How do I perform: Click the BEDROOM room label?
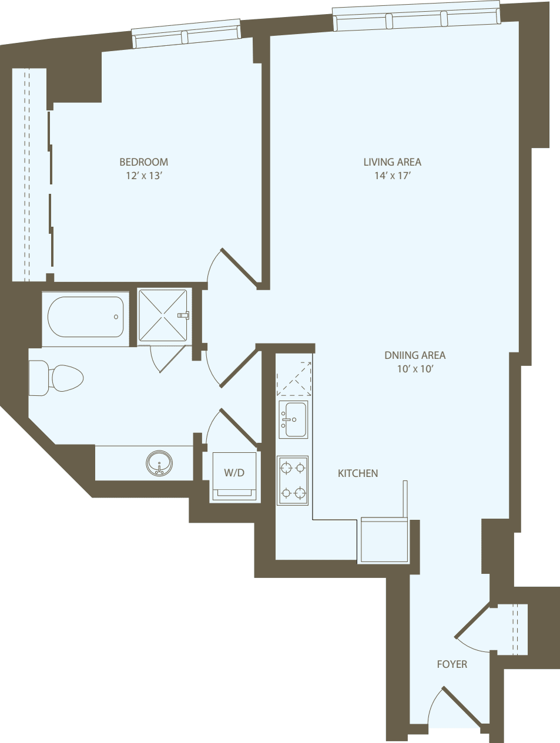pyautogui.click(x=143, y=162)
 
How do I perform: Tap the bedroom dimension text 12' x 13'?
pyautogui.click(x=143, y=176)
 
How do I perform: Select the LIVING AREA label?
pyautogui.click(x=392, y=162)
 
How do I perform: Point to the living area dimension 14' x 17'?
pyautogui.click(x=392, y=176)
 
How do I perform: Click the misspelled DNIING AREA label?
pyautogui.click(x=415, y=355)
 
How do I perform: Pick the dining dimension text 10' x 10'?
pyautogui.click(x=415, y=369)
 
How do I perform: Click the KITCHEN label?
pyautogui.click(x=358, y=473)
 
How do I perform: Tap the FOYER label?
pyautogui.click(x=452, y=664)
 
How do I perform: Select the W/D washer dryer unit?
pyautogui.click(x=234, y=476)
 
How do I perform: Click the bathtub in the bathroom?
pyautogui.click(x=86, y=317)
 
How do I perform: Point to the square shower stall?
pyautogui.click(x=163, y=315)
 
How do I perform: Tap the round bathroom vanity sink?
pyautogui.click(x=159, y=463)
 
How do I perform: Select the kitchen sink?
pyautogui.click(x=293, y=419)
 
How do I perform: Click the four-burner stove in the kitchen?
pyautogui.click(x=293, y=480)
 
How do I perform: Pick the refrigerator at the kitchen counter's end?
pyautogui.click(x=384, y=540)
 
